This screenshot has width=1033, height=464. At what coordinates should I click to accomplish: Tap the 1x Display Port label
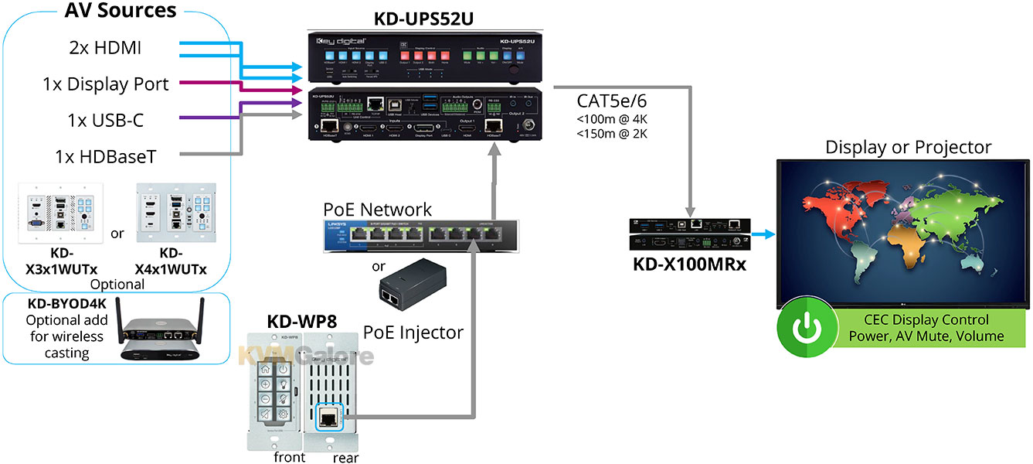tap(106, 84)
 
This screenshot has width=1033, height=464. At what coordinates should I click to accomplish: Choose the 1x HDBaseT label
tap(106, 156)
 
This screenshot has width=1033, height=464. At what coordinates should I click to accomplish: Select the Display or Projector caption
tap(908, 147)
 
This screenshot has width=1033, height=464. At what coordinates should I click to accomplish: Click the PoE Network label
tap(377, 210)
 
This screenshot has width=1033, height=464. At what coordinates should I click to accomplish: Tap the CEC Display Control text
tap(926, 319)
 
